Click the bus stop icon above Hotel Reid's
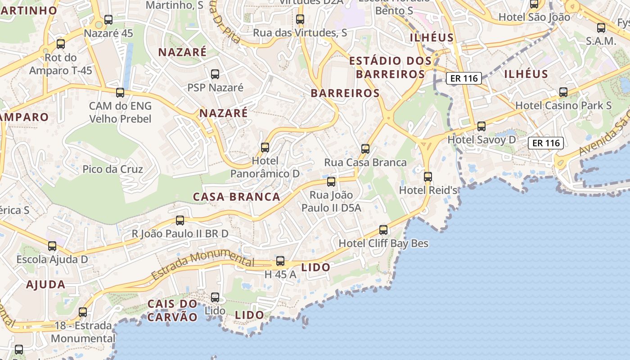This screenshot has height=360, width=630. click(428, 177)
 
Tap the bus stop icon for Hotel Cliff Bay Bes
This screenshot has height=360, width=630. click(383, 230)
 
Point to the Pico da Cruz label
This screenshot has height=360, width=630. click(113, 169)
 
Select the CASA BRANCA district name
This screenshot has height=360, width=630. click(237, 197)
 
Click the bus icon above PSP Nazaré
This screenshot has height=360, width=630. click(215, 74)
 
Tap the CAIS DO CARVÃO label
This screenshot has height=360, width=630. click(173, 310)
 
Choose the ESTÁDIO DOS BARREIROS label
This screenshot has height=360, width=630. click(391, 67)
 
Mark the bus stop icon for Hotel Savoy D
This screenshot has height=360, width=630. click(481, 126)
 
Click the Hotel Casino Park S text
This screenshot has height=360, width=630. click(563, 105)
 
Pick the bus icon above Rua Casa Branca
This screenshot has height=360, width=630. click(365, 149)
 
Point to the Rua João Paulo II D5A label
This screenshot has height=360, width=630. click(331, 201)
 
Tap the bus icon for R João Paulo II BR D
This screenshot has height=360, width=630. click(180, 220)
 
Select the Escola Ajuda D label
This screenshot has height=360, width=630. click(52, 260)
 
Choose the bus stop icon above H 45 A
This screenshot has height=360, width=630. click(280, 261)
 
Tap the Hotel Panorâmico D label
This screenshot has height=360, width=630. click(265, 167)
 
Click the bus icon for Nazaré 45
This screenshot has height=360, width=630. click(108, 20)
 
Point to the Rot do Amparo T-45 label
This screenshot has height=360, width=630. click(61, 64)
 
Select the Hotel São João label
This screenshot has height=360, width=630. click(534, 17)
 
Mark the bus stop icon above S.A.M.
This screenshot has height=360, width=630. click(601, 28)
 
